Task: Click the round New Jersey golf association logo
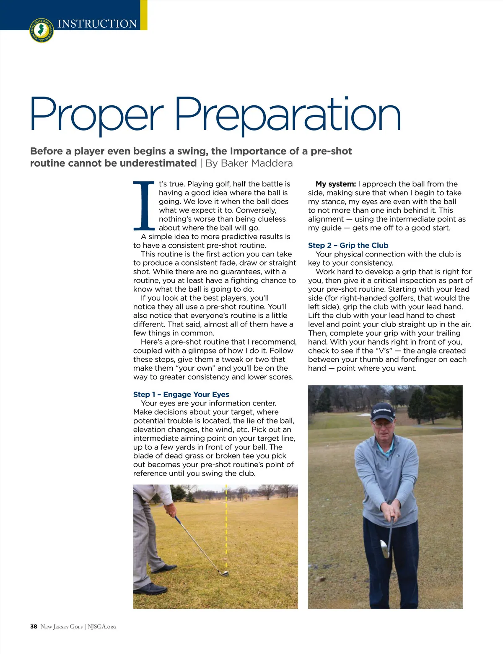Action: pos(42,31)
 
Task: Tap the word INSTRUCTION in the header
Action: pos(97,24)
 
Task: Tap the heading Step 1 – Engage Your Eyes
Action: pos(181,395)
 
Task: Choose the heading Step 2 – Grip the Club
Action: pos(348,246)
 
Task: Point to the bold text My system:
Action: pos(336,184)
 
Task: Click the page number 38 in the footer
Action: pos(34,627)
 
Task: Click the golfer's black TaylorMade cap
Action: pos(382,411)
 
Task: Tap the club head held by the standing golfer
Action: pos(384,548)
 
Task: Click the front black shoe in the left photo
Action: pos(150,589)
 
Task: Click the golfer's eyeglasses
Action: pos(382,424)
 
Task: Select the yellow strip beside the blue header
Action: pos(144,15)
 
